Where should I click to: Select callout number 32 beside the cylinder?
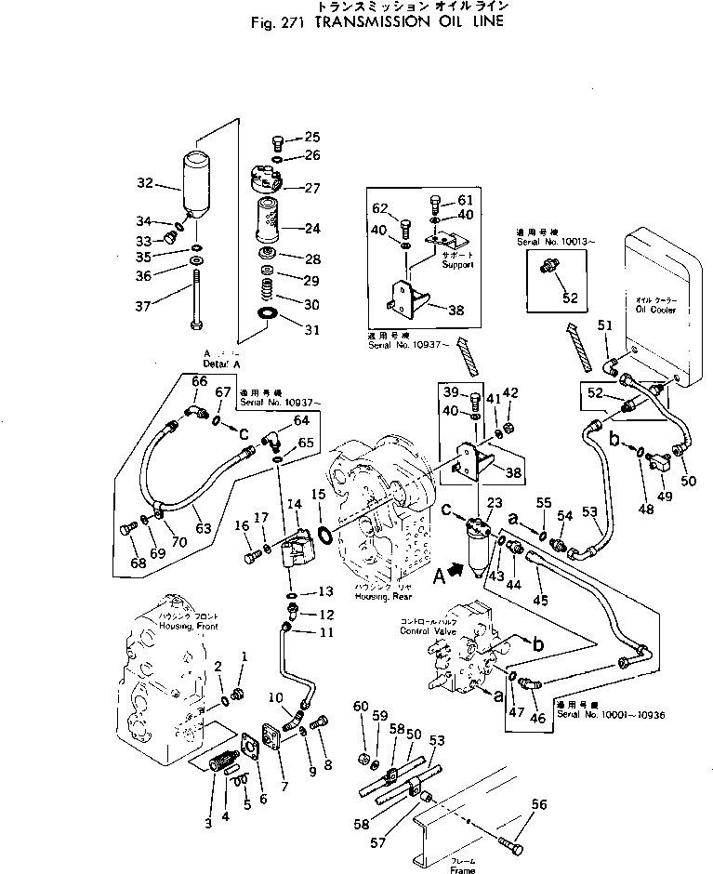(x=144, y=184)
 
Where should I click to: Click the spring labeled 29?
(x=267, y=279)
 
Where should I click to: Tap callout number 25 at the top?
(x=310, y=137)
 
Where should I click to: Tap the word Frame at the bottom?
(x=462, y=870)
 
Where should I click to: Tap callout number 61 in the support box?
(x=465, y=200)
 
